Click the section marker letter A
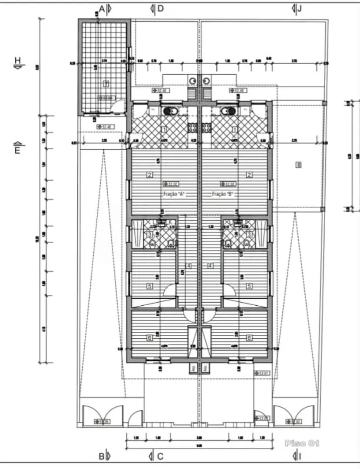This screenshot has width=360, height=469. tap(102, 8)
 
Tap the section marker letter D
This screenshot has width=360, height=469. tap(160, 8)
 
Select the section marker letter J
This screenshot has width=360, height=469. tap(300, 8)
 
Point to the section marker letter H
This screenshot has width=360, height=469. tap(17, 60)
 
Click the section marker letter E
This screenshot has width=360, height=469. tap(17, 151)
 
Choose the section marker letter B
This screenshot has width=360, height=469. tap(101, 456)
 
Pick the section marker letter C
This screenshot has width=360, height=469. tap(160, 456)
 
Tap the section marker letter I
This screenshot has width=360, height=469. tap(300, 456)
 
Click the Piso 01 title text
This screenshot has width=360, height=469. tap(302, 443)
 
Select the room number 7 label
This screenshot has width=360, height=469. tap(106, 83)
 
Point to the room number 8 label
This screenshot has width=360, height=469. tap(298, 165)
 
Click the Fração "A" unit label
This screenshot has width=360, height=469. tap(174, 195)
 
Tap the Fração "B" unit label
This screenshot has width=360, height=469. tap(223, 195)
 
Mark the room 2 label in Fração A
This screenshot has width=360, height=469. tap(149, 175)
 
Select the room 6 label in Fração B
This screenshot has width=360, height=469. tap(249, 337)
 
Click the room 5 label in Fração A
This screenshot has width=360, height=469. tap(149, 286)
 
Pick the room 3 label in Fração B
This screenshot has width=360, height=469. tap(249, 235)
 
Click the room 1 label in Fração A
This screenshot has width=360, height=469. tap(164, 129)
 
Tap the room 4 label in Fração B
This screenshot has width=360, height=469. tap(211, 265)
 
